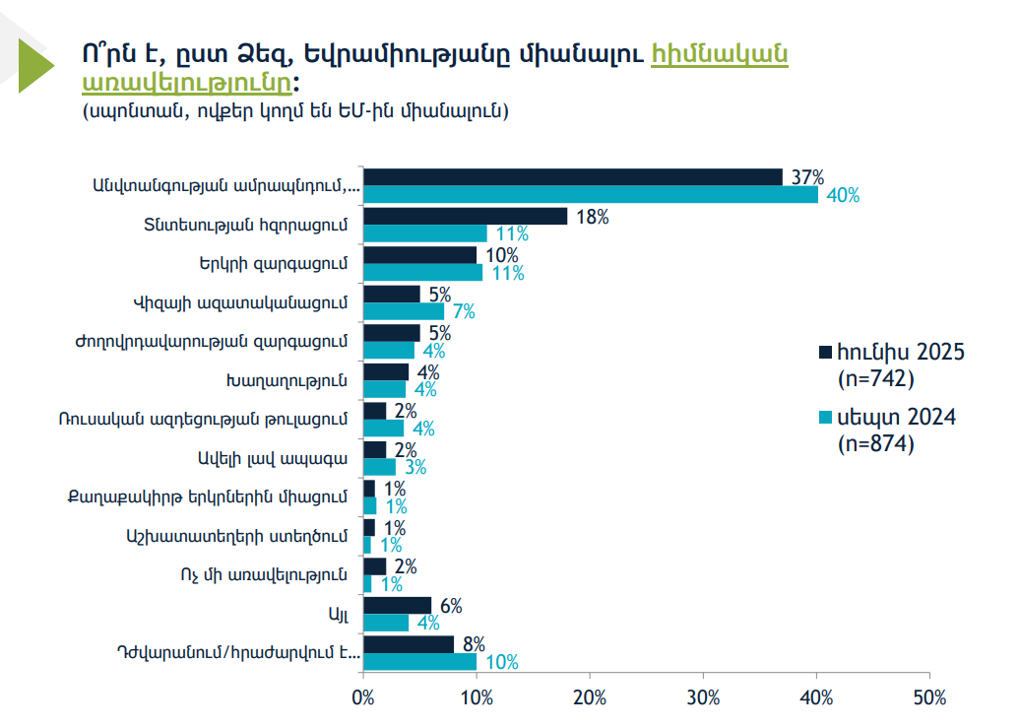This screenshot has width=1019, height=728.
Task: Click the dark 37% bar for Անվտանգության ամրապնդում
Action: [573, 176]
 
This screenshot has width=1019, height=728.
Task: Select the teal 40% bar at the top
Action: [591, 195]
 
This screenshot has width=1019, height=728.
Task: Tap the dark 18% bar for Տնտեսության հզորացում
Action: [466, 216]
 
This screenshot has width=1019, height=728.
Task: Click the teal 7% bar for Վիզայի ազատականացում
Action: [404, 311]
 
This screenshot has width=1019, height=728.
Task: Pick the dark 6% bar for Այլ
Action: [398, 605]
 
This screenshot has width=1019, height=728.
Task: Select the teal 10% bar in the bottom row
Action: [420, 662]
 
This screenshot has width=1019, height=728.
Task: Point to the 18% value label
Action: [591, 217]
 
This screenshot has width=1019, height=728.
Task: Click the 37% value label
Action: [806, 177]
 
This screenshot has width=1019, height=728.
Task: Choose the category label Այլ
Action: [339, 614]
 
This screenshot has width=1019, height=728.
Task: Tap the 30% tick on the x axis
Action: [703, 697]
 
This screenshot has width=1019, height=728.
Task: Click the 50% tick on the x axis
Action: [929, 697]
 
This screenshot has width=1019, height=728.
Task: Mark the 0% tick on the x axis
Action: [363, 697]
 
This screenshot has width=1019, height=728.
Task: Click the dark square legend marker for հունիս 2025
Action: [826, 351]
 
